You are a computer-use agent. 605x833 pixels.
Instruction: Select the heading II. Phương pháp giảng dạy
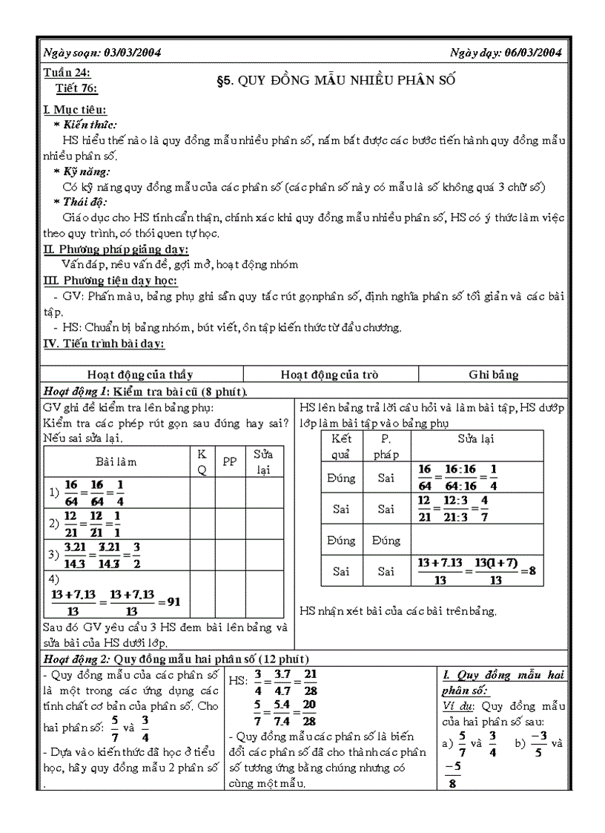[116, 249]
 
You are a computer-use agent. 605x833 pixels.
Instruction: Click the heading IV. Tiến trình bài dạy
[105, 343]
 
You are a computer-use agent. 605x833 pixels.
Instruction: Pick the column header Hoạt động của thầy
[139, 375]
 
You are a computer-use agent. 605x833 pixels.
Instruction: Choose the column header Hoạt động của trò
[330, 375]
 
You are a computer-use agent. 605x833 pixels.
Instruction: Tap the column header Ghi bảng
[493, 375]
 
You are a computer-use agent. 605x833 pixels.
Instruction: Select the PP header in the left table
[230, 462]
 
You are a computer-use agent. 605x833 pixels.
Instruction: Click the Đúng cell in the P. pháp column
[386, 541]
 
